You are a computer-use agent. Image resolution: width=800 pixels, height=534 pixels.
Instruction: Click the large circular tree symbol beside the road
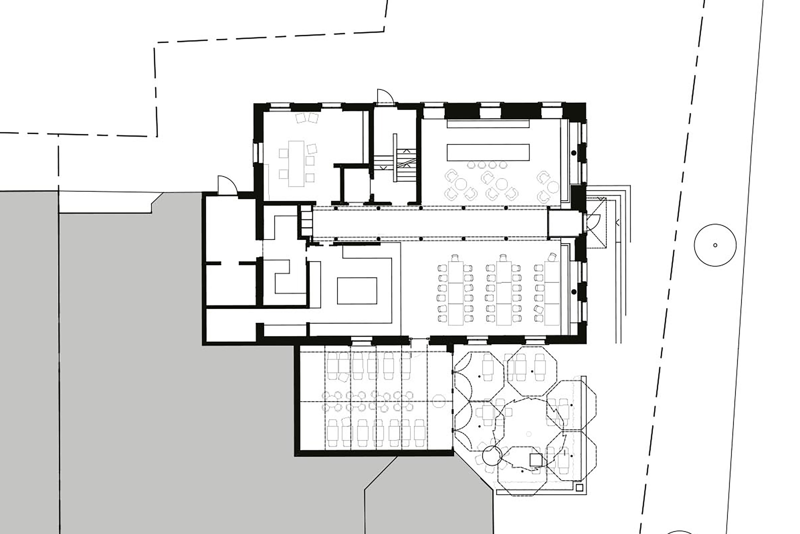coord(715,245)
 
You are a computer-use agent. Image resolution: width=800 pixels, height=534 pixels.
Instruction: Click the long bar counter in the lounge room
coord(488,152)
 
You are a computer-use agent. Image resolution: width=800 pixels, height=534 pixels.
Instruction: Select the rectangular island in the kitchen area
coord(357,290)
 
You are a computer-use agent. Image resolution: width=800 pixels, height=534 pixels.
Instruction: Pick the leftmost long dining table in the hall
coord(456,293)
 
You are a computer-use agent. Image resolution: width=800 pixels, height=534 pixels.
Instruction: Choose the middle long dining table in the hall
coord(503,293)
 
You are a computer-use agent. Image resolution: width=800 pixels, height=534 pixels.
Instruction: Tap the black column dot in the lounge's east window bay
coord(574,153)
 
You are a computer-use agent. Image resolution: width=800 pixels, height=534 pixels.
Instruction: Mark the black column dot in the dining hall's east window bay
coord(574,292)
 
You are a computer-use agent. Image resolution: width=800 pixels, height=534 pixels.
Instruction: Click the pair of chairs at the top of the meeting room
coord(307,118)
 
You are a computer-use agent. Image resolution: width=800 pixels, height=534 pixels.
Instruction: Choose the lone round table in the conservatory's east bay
coord(439,401)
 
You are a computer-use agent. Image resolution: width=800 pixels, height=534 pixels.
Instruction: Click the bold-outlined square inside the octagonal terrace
coord(536,460)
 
